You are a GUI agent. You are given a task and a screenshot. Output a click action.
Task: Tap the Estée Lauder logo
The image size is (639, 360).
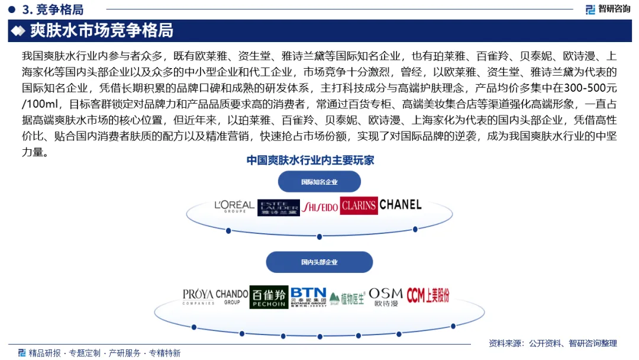(278, 207)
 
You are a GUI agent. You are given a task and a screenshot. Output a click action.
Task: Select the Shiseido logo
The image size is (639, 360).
(319, 207)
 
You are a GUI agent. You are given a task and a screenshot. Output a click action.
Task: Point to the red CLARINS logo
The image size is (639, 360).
(359, 205)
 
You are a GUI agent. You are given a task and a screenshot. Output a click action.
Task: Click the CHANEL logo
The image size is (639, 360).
(401, 205)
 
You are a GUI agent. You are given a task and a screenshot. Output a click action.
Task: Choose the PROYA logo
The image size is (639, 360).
(198, 296)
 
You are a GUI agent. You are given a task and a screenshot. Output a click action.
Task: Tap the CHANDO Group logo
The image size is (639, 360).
(232, 296)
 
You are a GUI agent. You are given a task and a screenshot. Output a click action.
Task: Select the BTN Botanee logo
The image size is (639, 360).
(308, 296)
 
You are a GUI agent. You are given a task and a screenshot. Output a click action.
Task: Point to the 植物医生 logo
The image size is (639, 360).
(347, 298)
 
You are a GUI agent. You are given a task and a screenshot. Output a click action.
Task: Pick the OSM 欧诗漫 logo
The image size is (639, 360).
(385, 297)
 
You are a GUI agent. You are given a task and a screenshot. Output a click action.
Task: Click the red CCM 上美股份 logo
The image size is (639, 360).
(428, 295)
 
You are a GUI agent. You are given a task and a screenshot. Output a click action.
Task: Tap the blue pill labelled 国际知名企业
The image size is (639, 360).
(319, 182)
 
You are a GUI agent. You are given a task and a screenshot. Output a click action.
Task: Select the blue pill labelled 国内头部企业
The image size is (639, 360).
(319, 262)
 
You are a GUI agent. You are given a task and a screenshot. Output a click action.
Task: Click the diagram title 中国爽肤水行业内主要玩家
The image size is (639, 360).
(310, 160)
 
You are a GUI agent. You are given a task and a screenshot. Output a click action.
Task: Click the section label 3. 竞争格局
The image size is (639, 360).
(52, 9)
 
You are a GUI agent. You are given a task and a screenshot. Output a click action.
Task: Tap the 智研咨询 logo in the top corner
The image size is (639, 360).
(608, 9)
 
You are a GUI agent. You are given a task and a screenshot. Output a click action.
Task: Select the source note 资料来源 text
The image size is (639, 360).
(553, 343)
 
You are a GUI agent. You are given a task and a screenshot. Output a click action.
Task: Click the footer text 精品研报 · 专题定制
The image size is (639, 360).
(65, 353)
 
